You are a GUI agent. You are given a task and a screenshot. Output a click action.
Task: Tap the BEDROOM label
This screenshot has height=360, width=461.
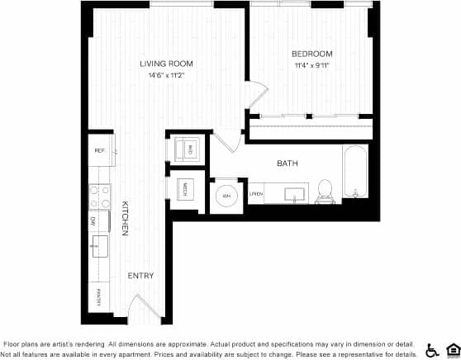312,53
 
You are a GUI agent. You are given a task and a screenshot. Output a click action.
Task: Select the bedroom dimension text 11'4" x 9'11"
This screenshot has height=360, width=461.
312,65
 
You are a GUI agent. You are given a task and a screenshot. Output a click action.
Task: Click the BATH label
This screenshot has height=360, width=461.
288,163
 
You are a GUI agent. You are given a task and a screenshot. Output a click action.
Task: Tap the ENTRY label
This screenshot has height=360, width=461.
140,275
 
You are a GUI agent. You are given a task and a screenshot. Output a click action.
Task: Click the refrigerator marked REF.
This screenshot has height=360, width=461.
100,150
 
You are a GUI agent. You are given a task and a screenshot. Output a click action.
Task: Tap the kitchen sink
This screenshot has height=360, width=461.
100,245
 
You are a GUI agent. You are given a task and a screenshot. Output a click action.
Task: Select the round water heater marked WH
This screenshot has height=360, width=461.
226,197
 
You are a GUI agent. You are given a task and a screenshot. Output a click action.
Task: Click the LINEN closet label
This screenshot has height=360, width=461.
257,194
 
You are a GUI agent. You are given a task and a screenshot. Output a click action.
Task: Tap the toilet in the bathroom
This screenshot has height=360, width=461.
325,189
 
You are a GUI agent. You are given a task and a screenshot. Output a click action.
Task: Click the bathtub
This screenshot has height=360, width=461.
357,173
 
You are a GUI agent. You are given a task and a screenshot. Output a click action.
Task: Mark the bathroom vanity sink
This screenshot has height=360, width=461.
293,193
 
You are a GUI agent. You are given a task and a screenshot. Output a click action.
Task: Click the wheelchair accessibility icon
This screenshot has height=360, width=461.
431,349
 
